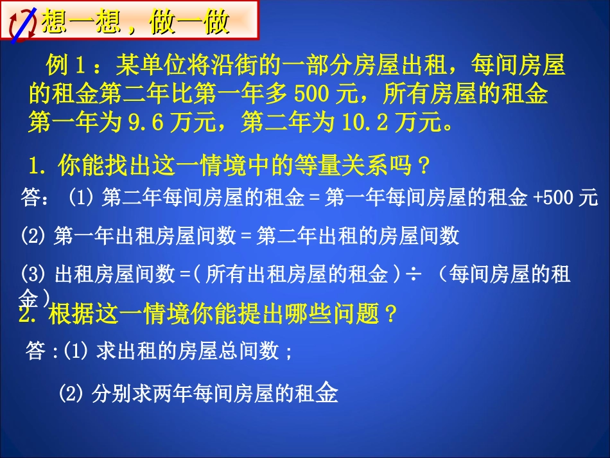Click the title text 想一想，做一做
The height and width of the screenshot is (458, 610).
(135, 24)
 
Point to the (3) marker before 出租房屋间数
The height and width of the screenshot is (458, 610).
(33, 275)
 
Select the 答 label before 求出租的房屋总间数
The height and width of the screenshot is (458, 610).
(36, 351)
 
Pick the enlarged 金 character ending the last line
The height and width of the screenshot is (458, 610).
(325, 392)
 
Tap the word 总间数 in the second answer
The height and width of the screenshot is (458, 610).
(254, 351)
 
